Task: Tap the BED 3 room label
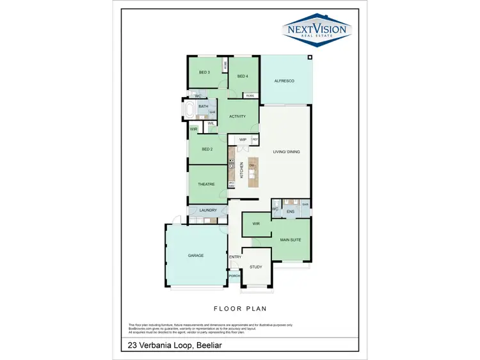(204, 72)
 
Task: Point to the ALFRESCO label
(284, 81)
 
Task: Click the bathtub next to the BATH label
(189, 110)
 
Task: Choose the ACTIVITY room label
(238, 116)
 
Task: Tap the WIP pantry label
(243, 139)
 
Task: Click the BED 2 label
(207, 150)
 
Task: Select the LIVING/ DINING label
(286, 152)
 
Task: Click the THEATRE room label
(205, 184)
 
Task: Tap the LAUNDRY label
(208, 210)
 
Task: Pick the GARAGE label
(195, 255)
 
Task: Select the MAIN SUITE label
(291, 240)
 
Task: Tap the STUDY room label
(256, 267)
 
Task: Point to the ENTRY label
(235, 257)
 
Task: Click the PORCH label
(234, 276)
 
